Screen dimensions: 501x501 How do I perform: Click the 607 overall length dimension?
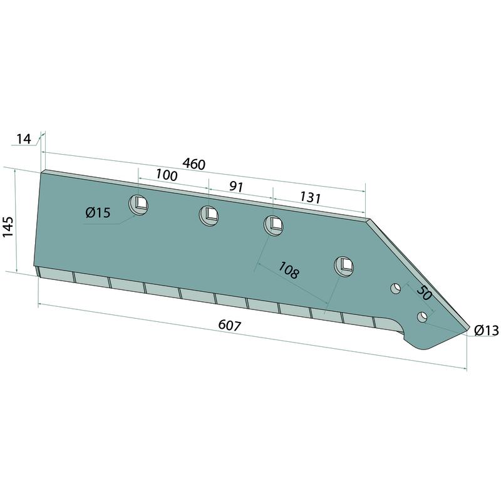click(x=229, y=326)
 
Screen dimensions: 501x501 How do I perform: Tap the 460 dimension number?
click(x=194, y=164)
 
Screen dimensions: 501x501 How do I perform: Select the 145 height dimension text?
click(x=8, y=227)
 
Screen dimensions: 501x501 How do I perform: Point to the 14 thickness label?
click(x=24, y=139)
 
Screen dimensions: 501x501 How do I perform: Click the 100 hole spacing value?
click(x=167, y=175)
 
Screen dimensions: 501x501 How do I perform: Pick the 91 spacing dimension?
click(x=236, y=187)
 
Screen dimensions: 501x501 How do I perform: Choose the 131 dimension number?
click(x=309, y=198)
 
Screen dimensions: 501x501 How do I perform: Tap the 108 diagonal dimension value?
click(x=289, y=270)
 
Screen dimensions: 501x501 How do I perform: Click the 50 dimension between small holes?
click(x=424, y=293)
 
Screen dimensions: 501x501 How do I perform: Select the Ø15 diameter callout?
click(x=98, y=212)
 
